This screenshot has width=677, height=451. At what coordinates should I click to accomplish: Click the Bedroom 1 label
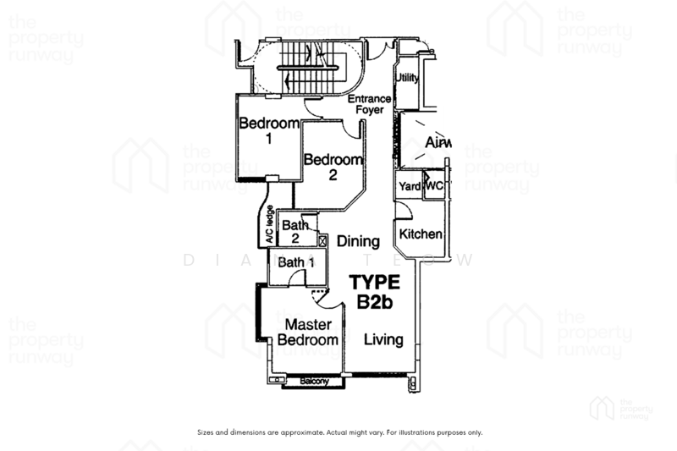click(x=268, y=130)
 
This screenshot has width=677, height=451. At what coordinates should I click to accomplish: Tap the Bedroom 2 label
click(x=333, y=167)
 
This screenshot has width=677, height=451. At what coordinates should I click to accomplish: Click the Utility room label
click(x=408, y=79)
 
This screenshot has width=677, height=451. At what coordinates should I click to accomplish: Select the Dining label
click(x=357, y=242)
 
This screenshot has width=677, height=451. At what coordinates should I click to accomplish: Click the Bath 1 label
click(x=296, y=263)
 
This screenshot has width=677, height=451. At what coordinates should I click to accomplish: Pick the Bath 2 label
click(x=295, y=232)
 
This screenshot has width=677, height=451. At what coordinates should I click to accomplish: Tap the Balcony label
click(x=315, y=382)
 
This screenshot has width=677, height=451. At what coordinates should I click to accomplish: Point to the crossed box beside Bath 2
click(x=322, y=241)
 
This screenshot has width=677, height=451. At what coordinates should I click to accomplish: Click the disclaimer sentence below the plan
click(x=338, y=432)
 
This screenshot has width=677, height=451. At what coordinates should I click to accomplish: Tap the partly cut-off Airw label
click(x=438, y=143)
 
